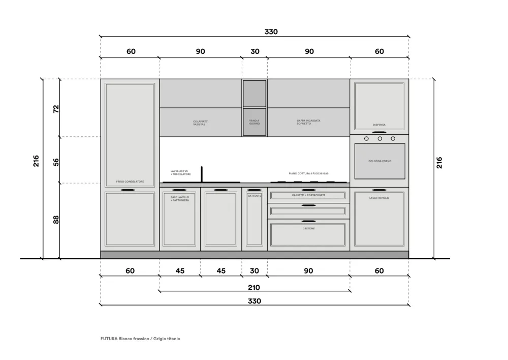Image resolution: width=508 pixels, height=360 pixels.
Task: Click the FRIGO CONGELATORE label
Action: click(x=130, y=182)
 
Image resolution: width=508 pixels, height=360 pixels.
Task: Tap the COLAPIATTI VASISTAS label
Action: click(x=201, y=123)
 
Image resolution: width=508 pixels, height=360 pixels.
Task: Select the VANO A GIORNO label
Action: click(x=255, y=123)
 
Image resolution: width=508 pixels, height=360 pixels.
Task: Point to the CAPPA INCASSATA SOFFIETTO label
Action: click(x=309, y=123)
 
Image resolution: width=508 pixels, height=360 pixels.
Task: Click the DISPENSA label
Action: click(x=379, y=125)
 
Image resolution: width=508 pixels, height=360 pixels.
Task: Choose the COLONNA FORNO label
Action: click(x=379, y=161)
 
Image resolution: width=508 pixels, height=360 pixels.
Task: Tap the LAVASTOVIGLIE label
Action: click(x=379, y=197)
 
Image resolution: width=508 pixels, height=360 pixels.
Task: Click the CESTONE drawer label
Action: click(x=308, y=229)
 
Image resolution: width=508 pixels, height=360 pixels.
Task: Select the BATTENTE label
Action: click(x=255, y=196)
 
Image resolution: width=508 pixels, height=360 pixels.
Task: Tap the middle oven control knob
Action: click(x=379, y=138)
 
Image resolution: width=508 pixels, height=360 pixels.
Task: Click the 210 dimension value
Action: click(x=254, y=287)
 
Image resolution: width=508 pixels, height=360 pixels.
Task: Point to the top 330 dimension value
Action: click(x=271, y=32)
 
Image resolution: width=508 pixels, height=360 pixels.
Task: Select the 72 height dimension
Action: click(x=56, y=108)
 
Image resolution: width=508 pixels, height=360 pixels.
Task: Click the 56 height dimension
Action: click(x=56, y=162)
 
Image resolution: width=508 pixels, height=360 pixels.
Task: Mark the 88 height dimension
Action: click(x=56, y=220)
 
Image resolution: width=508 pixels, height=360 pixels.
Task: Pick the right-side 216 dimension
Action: click(x=439, y=163)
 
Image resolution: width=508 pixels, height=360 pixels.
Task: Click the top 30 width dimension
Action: click(x=255, y=51)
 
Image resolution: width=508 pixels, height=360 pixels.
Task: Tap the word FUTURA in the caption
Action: click(x=109, y=339)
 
